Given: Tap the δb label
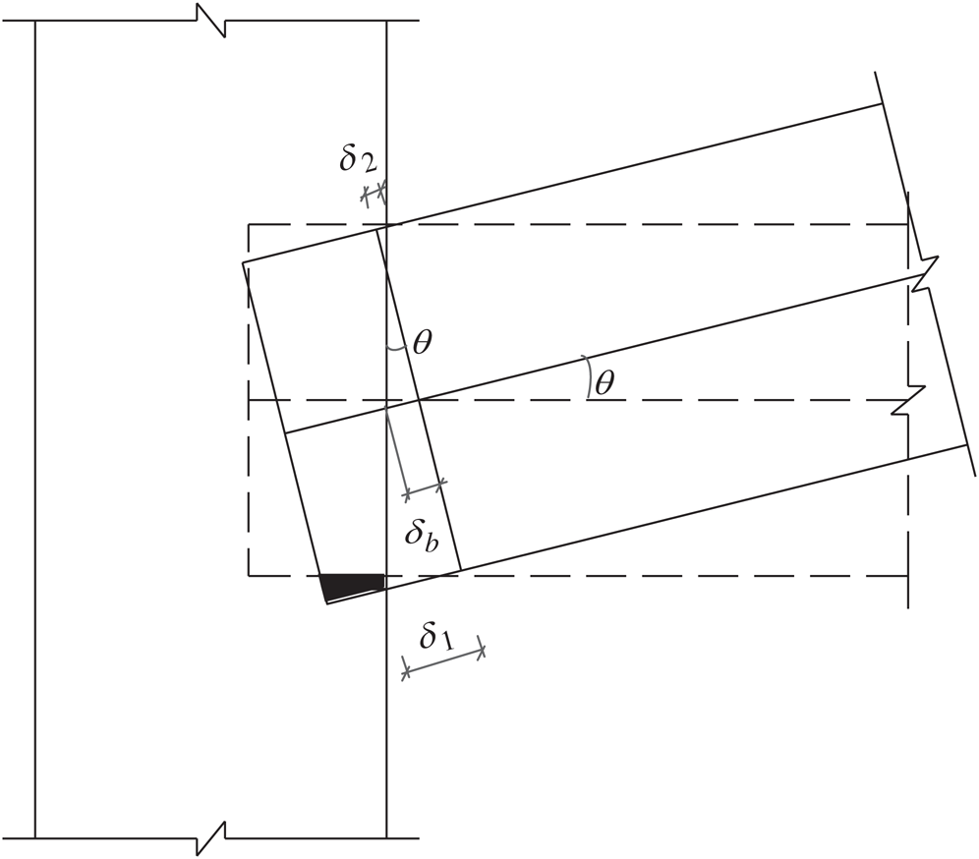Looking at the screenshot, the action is pyautogui.click(x=422, y=536).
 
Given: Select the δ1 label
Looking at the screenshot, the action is pyautogui.click(x=437, y=637).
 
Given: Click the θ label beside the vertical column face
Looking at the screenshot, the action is pyautogui.click(x=422, y=342).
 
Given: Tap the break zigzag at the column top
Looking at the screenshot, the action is pyautogui.click(x=211, y=20).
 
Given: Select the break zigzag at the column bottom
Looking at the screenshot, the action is pyautogui.click(x=211, y=837).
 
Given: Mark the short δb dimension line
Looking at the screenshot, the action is pyautogui.click(x=426, y=488).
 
